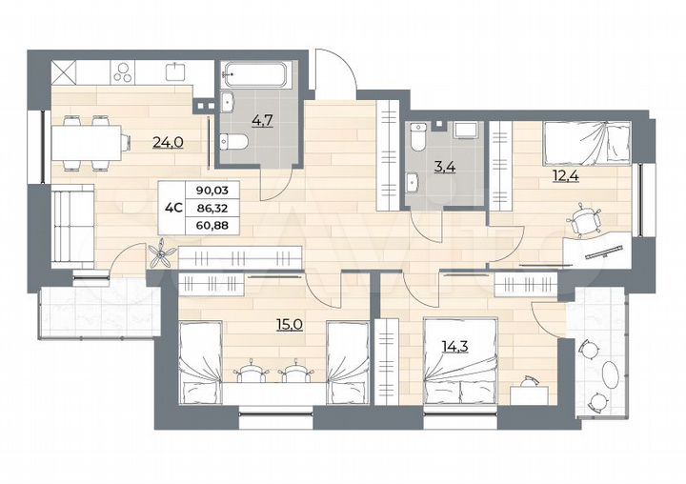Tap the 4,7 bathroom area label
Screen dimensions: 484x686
259,120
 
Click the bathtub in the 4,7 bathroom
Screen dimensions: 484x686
256,77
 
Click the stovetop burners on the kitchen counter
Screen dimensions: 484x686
124,72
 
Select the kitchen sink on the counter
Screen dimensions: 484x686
175,71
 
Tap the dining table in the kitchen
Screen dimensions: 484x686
88,144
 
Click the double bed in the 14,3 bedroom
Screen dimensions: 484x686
460,362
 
